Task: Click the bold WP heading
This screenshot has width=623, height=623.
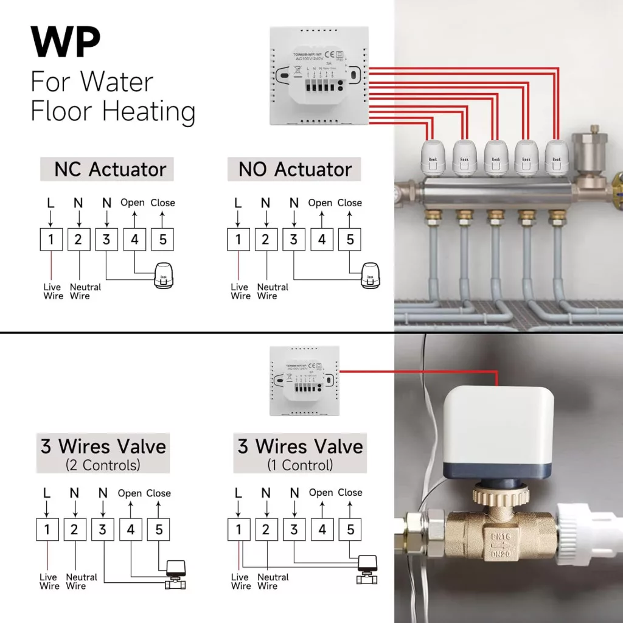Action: (x=66, y=43)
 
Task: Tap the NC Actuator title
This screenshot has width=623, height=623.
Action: (x=107, y=169)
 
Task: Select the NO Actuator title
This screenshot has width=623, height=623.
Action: (x=294, y=169)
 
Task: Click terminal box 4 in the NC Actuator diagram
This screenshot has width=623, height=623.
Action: (x=134, y=239)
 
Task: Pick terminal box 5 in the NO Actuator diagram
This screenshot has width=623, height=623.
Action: (x=350, y=239)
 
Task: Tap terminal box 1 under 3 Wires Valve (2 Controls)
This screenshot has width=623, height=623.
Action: (x=47, y=529)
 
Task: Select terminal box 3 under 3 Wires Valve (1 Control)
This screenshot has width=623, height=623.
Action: (x=294, y=529)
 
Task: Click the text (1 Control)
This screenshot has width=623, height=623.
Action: (x=300, y=465)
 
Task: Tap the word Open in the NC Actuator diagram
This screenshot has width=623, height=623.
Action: (x=133, y=203)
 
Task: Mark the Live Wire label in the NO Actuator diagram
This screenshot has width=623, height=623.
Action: (x=240, y=291)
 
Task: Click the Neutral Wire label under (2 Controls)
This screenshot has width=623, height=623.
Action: (x=81, y=582)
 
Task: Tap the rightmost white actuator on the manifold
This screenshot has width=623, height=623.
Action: (x=556, y=157)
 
